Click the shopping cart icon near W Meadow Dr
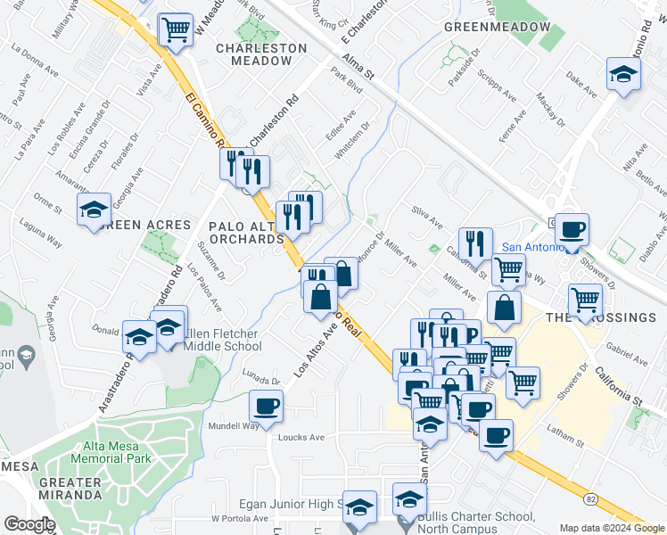[176, 29]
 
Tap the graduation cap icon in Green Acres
[94, 210]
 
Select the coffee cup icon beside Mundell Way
[266, 407]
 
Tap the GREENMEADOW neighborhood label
[497, 28]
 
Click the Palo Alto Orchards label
[246, 232]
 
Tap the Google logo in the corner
[29, 523]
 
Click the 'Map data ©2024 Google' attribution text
[611, 528]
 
